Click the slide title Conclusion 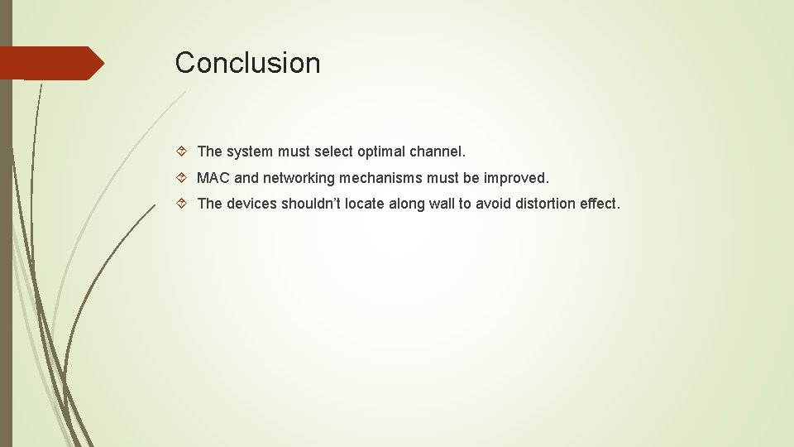pyautogui.click(x=247, y=63)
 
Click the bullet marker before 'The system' pyautogui.click(x=183, y=152)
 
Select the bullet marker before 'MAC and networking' pyautogui.click(x=183, y=178)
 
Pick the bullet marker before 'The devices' pyautogui.click(x=183, y=204)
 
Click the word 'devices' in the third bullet pyautogui.click(x=252, y=204)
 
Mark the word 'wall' pyautogui.click(x=443, y=204)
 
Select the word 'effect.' pyautogui.click(x=598, y=204)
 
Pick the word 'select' pyautogui.click(x=333, y=152)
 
